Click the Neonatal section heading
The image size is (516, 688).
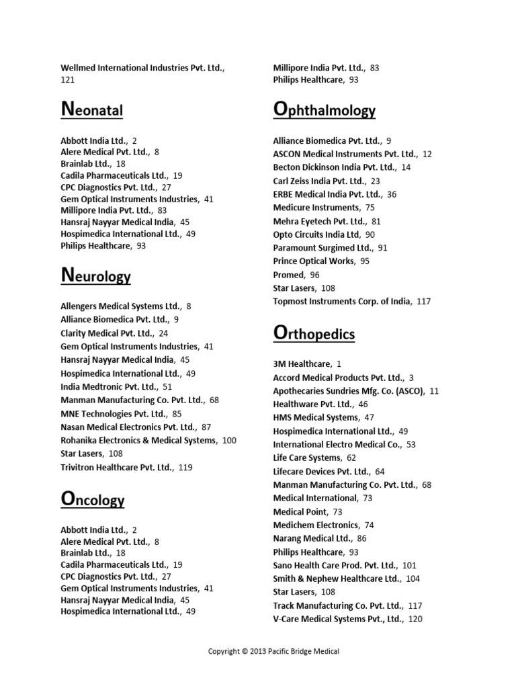(x=92, y=109)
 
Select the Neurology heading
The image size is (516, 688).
(x=95, y=275)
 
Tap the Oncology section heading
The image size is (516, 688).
(x=93, y=499)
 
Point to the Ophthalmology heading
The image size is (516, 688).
(x=325, y=109)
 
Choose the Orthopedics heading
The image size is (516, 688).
(x=314, y=333)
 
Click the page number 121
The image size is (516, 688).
(x=68, y=80)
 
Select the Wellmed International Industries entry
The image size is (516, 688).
(x=142, y=68)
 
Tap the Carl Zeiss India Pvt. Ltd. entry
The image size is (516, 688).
(x=319, y=181)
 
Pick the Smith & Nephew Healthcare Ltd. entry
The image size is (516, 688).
(x=337, y=578)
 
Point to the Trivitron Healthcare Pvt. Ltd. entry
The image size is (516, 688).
(x=117, y=467)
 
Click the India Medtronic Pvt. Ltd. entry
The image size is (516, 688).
(x=109, y=386)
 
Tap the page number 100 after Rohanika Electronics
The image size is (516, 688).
(x=229, y=440)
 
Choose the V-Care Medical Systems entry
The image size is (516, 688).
(x=337, y=619)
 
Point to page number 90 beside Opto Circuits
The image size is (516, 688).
(x=370, y=234)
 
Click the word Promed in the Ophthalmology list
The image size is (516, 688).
(x=289, y=275)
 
